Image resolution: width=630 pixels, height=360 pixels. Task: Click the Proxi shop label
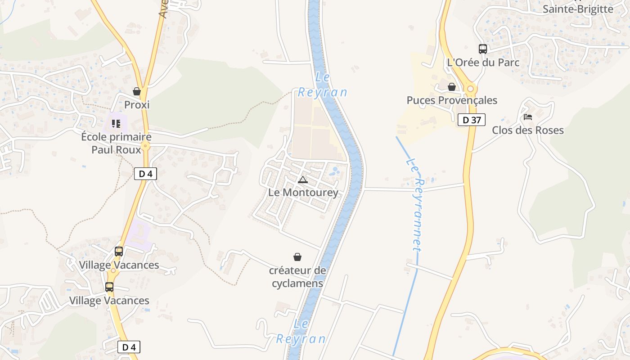pos(137,105)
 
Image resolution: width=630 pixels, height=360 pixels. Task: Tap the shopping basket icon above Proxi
pos(137,92)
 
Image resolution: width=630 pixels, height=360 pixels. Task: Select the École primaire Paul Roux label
pos(116,143)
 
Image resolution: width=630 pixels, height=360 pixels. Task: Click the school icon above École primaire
pos(116,123)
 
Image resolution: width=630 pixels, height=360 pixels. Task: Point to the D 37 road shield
pos(472,120)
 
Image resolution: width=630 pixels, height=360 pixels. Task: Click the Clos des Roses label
pos(527,130)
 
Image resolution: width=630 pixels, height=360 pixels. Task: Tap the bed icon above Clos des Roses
pos(528,117)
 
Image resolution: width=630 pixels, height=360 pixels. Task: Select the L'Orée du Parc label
pos(483,63)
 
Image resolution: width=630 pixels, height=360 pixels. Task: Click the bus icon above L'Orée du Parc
pos(483,49)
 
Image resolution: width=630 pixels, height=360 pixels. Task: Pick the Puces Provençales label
pos(452,100)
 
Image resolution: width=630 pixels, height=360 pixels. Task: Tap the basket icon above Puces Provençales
pos(452,87)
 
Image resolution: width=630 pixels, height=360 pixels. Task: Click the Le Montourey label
pos(303,193)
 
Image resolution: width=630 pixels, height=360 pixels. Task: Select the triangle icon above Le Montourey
pos(303,180)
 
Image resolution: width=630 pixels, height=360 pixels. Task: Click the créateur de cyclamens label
pos(297,277)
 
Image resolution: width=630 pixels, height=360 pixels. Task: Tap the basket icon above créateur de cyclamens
pos(297,257)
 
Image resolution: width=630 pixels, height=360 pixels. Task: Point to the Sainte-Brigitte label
pos(578,9)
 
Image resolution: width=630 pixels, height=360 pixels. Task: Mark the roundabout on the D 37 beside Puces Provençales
pos(470,89)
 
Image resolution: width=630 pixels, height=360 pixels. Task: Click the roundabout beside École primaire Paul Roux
pos(145,145)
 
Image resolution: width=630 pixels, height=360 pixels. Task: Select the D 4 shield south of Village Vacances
pos(129,347)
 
